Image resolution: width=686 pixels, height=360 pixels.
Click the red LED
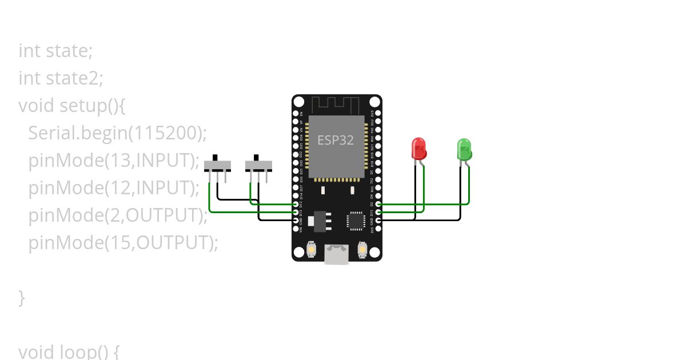[x=418, y=149]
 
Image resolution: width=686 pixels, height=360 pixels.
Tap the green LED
[x=464, y=149]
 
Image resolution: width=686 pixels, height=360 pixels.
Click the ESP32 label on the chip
[x=336, y=139]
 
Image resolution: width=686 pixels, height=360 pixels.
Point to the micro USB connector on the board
[x=337, y=254]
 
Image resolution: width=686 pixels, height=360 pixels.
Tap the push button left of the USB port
[x=312, y=249]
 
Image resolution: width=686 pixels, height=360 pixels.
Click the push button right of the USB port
[x=362, y=249]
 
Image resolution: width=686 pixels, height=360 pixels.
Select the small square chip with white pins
[x=355, y=221]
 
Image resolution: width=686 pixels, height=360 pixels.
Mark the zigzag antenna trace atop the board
[x=336, y=105]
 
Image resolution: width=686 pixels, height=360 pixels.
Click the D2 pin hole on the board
[x=377, y=204]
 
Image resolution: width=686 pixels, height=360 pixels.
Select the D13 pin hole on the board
[x=296, y=212]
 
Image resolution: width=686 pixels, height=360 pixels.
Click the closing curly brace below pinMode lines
[x=22, y=297]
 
